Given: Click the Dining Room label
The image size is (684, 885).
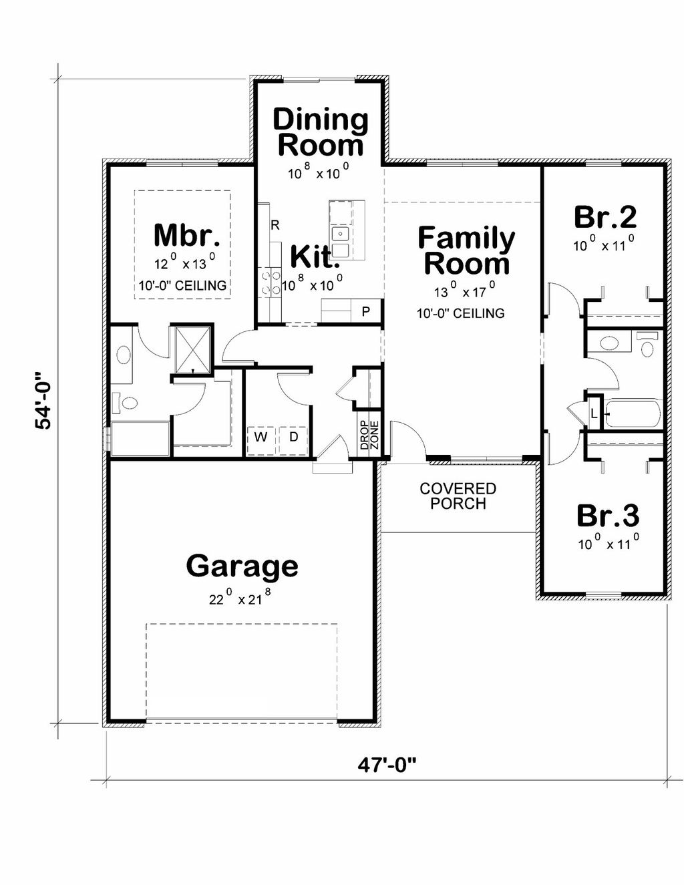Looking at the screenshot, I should coord(321,132).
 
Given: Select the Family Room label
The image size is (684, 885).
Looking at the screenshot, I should coord(466,251).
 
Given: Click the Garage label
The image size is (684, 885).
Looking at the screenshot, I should coord(242,566).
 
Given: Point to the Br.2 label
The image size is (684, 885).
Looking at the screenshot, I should coord(605,217).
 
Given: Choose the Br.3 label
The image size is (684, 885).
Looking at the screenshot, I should coord(607,516).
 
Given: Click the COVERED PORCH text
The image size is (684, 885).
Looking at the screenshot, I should coord(458,496).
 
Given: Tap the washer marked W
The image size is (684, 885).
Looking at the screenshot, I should coord(261,437).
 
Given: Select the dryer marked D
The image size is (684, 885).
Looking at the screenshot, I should coord(293,437).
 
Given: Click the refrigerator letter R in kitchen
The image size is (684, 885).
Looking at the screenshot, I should coord(275,225).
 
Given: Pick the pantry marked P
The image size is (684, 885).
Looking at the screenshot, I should coord(365,311).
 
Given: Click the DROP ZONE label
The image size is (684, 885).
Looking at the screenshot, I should coord(369,435).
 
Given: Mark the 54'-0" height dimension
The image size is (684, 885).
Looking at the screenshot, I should coord(43,401).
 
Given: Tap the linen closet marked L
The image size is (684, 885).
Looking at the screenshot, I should coord(594,414).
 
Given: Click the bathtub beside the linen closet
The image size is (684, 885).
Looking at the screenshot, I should coord(633,413).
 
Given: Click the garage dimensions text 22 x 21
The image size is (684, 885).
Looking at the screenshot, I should coord(242,598).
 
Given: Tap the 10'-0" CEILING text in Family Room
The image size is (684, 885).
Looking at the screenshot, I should coord(460,313).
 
